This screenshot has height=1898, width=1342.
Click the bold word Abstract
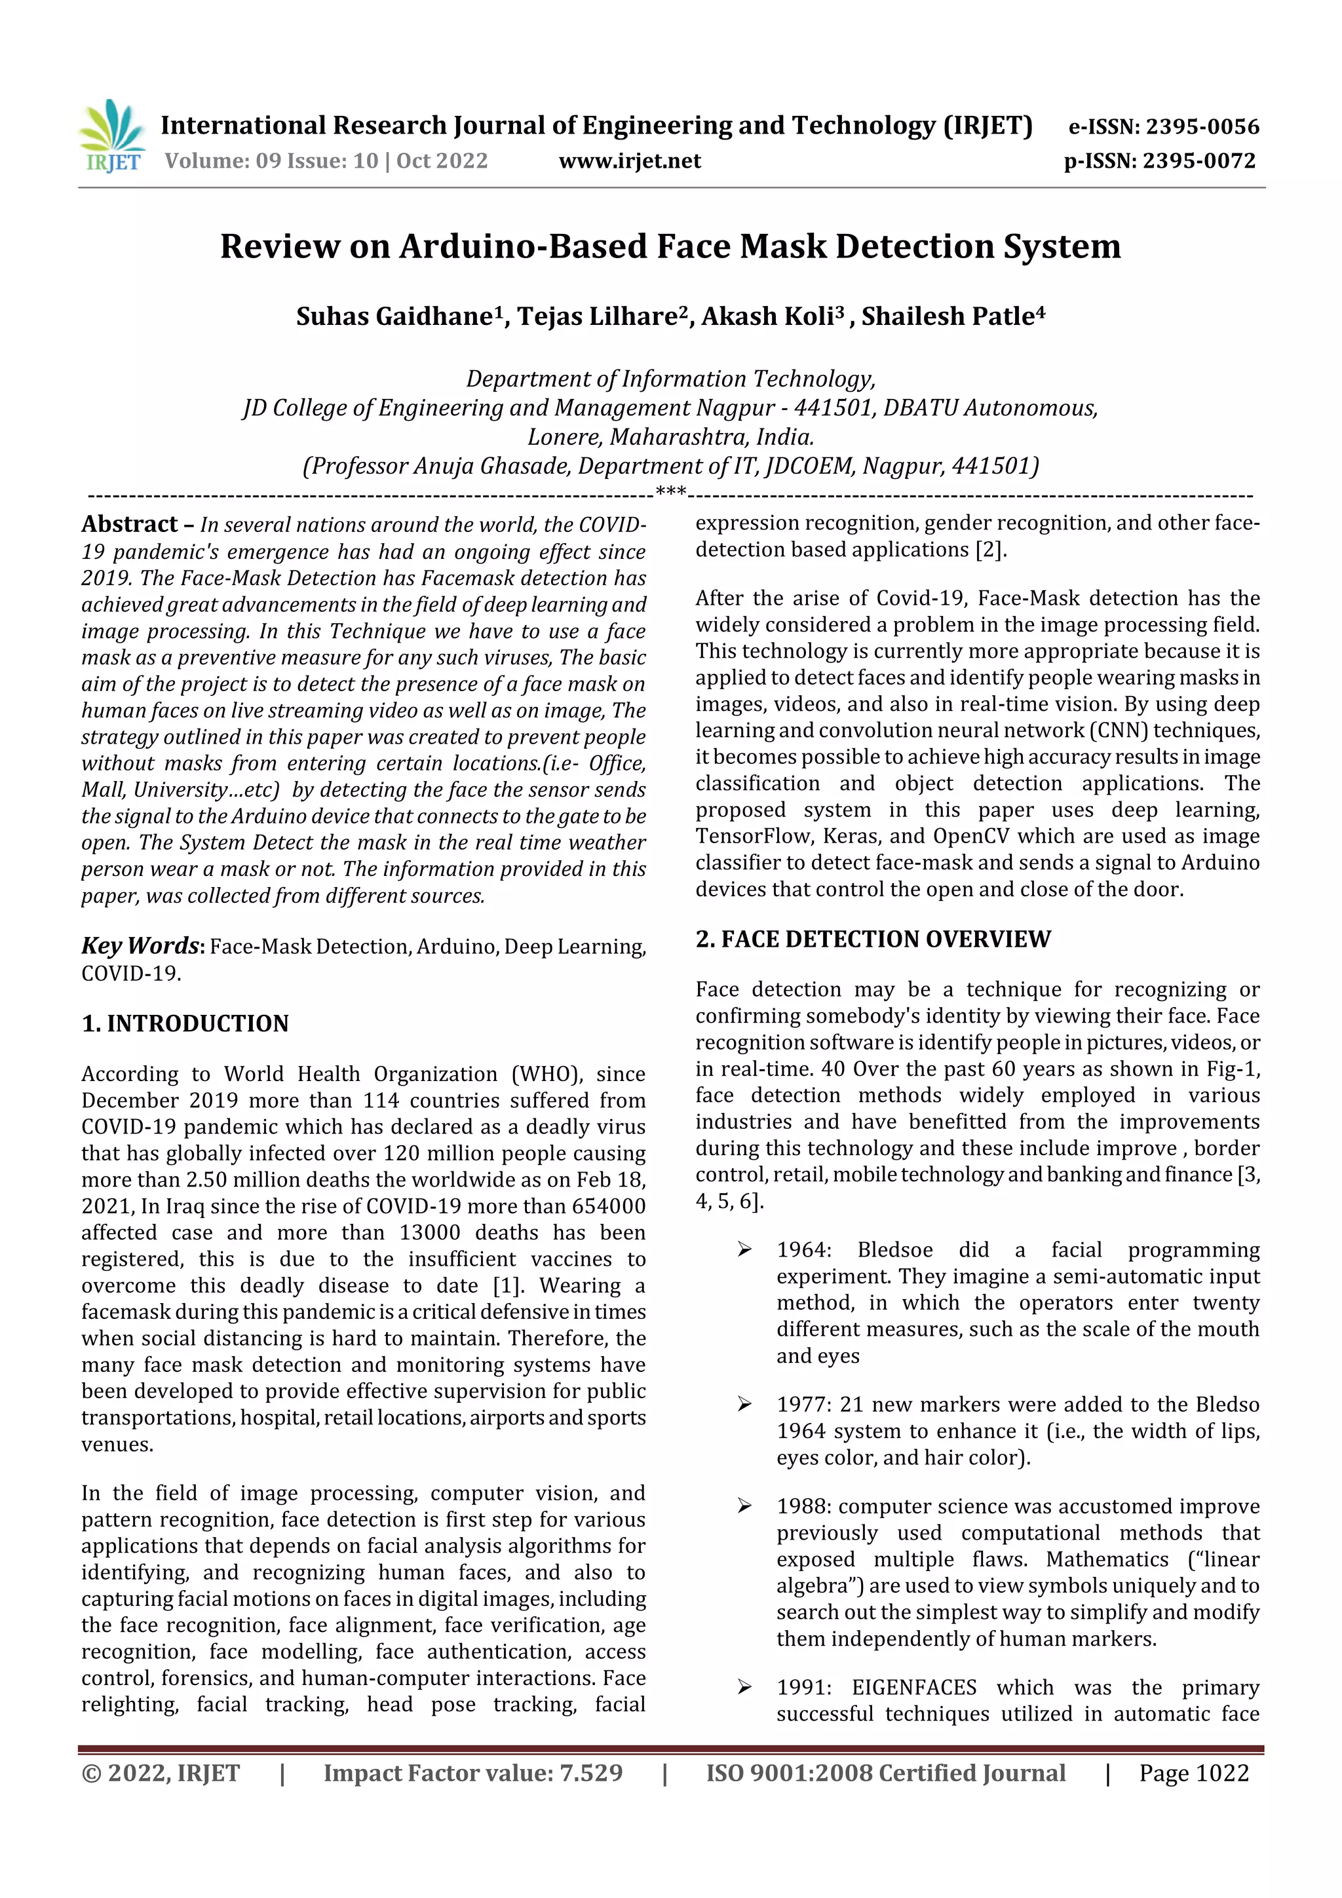129,524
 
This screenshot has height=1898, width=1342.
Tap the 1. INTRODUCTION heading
185,1023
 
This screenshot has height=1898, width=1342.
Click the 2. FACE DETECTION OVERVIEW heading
872,939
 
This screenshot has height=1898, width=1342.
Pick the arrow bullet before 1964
744,1250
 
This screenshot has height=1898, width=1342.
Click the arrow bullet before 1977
744,1405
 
